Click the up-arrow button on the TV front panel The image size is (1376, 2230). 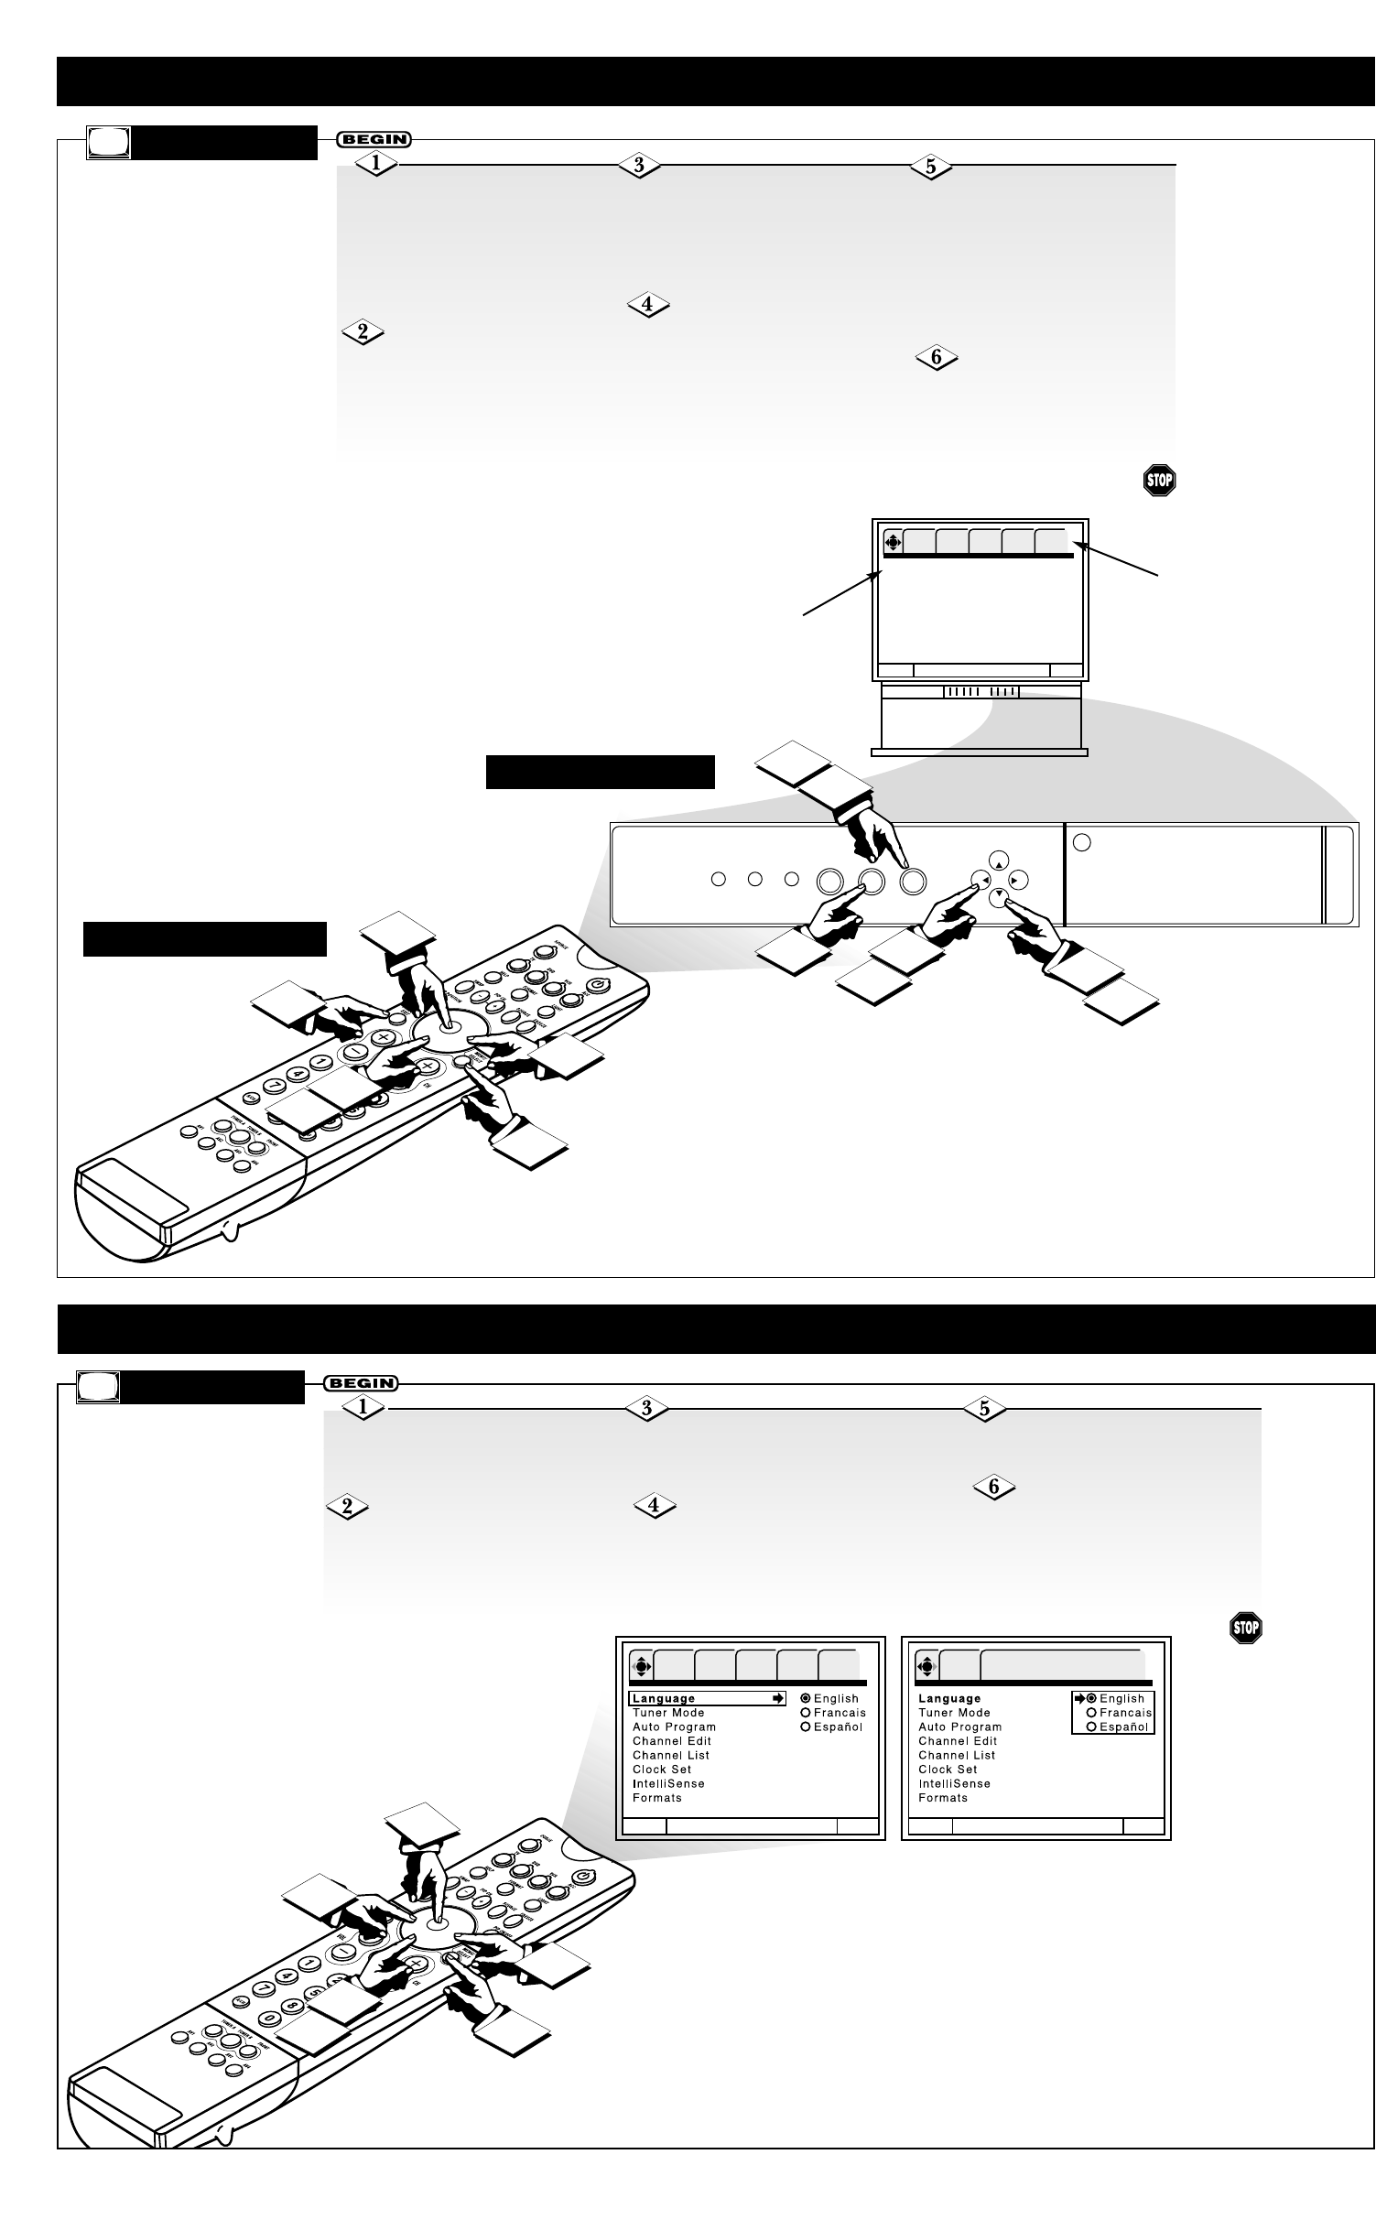(x=999, y=861)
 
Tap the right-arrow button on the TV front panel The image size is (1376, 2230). (x=1018, y=880)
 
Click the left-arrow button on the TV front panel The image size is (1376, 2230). (x=980, y=880)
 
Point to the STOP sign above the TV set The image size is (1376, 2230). (x=1158, y=481)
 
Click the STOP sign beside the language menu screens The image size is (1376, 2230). (x=1246, y=1628)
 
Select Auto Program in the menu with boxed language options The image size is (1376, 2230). (x=959, y=1727)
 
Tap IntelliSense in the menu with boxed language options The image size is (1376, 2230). (x=954, y=1783)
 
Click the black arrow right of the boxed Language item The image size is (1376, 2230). (x=778, y=1698)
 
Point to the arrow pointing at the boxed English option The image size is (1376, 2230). (x=1079, y=1698)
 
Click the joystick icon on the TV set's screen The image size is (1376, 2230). (x=894, y=541)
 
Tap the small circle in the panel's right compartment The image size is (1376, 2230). (x=1081, y=842)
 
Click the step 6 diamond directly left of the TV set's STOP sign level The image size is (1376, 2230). (x=936, y=358)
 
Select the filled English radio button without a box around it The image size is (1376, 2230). (x=806, y=1698)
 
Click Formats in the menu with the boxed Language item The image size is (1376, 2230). (x=656, y=1798)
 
